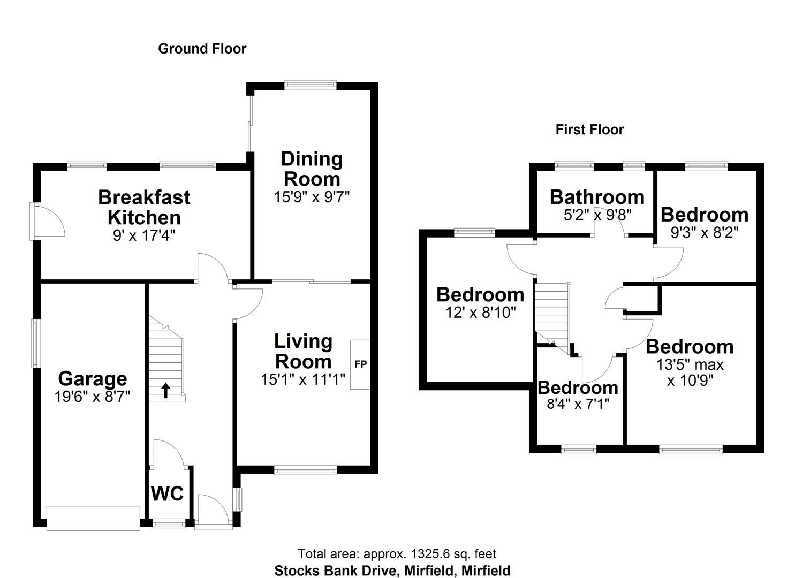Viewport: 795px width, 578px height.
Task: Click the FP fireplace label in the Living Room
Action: pos(360,364)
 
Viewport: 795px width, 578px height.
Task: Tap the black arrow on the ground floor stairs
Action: pos(166,391)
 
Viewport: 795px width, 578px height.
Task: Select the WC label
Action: pos(167,493)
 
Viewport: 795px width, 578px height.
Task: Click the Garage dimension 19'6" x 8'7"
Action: pos(92,397)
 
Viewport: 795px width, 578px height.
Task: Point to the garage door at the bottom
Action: pos(93,519)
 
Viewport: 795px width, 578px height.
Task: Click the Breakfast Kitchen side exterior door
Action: pos(35,221)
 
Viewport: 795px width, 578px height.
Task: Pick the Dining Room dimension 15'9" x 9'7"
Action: pos(312,197)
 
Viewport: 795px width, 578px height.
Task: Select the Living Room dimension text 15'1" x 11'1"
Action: pos(302,379)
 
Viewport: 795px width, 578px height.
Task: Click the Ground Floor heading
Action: pos(202,49)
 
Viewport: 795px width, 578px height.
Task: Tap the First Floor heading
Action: pos(589,130)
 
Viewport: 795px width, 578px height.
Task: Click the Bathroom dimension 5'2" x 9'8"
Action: pos(597,215)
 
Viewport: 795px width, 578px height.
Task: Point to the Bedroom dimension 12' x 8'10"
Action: pos(480,313)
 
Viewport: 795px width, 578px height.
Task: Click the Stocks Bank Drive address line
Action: pos(392,571)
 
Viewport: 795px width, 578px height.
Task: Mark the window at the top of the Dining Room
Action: pos(311,84)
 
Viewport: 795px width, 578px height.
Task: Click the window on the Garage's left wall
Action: pos(36,343)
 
